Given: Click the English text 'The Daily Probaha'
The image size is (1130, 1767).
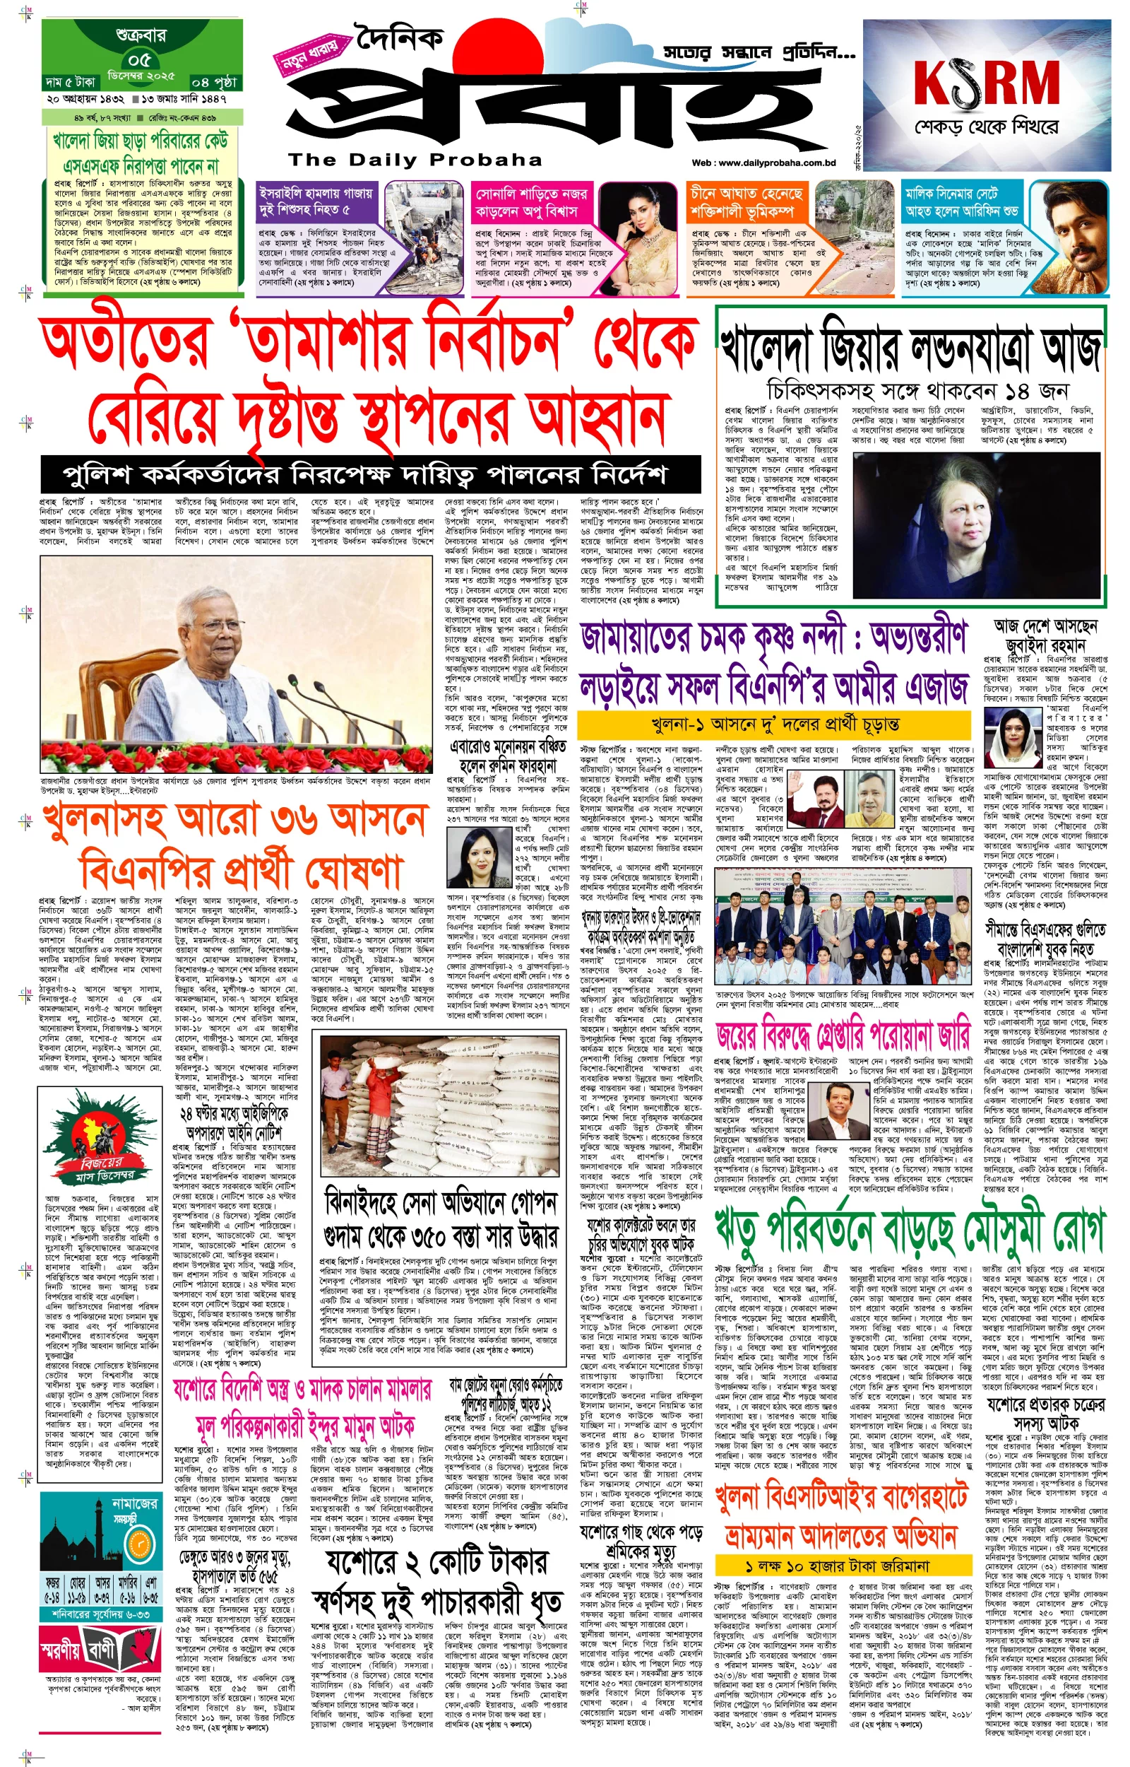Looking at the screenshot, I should (415, 160).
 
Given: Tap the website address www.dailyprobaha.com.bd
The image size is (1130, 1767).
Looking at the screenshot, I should (764, 163).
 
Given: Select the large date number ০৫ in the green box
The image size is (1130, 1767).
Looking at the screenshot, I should (138, 59).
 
